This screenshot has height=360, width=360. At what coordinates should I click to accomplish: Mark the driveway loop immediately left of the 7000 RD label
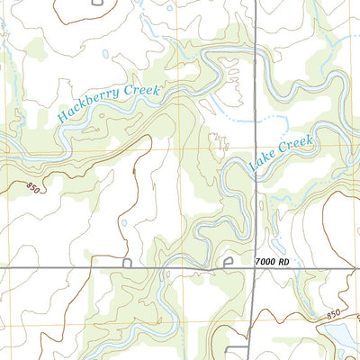228,263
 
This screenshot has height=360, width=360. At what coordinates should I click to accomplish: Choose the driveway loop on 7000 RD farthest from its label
127,263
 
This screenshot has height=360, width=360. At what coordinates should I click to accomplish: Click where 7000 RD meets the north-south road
255,268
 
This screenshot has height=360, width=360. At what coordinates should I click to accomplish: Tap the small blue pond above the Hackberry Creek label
106,54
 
